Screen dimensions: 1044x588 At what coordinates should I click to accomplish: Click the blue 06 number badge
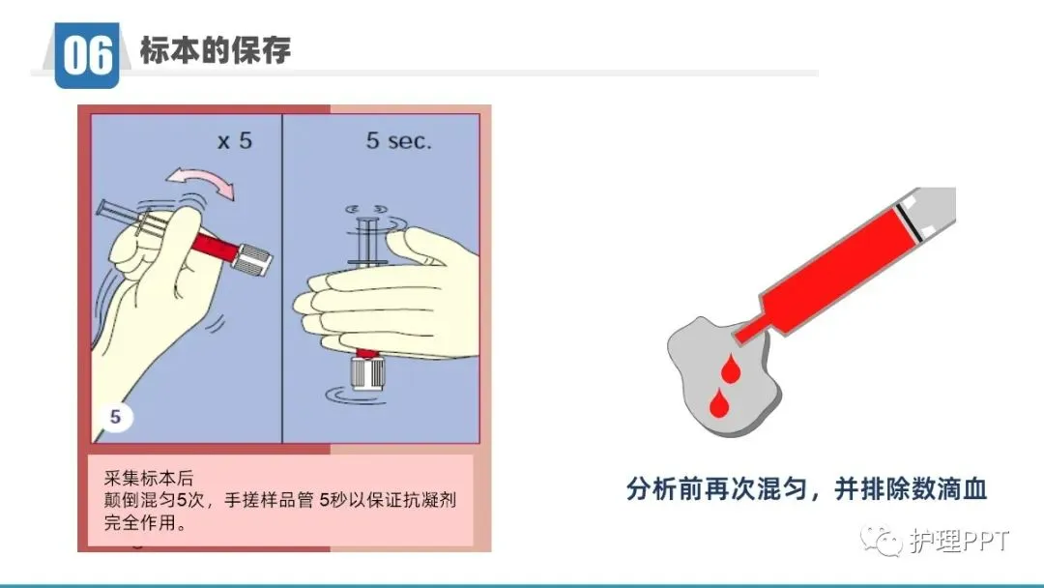tap(87, 54)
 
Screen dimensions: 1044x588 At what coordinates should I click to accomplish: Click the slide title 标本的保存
tap(215, 50)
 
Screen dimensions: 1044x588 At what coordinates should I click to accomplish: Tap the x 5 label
tap(235, 140)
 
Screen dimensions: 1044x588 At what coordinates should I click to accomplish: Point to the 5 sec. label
tap(399, 140)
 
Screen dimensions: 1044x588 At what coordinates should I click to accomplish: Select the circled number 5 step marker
tap(115, 417)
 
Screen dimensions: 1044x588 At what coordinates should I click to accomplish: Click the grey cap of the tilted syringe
tap(252, 260)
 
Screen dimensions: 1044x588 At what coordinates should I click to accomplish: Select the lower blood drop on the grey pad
tap(719, 403)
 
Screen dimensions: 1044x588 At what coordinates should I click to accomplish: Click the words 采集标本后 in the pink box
tap(149, 478)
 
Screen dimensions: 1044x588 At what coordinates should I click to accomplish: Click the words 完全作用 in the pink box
tap(140, 522)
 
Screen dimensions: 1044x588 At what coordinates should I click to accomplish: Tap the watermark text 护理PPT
tap(959, 541)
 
